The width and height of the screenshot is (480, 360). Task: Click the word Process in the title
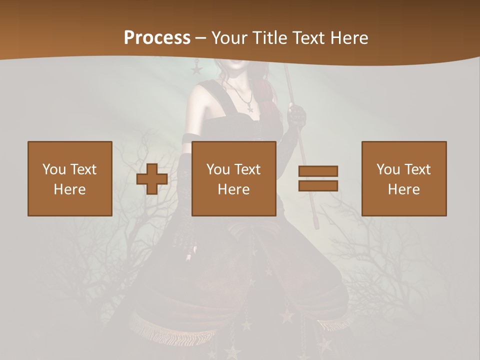(157, 38)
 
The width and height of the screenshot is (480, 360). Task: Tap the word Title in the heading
(270, 38)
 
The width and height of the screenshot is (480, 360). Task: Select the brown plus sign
(152, 179)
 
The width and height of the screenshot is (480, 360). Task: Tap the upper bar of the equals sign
(318, 171)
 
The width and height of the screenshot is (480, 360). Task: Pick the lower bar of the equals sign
(318, 185)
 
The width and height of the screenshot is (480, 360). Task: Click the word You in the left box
(54, 169)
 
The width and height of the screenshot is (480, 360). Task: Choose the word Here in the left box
(69, 189)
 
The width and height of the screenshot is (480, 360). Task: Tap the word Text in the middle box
(247, 169)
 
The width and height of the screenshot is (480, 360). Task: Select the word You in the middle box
(218, 169)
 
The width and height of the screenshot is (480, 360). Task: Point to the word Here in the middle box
(233, 189)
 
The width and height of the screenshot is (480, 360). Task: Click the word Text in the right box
(417, 169)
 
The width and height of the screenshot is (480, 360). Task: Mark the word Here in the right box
(403, 189)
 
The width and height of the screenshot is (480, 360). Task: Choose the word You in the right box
(388, 169)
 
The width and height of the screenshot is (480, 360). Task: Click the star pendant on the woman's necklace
(249, 107)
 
